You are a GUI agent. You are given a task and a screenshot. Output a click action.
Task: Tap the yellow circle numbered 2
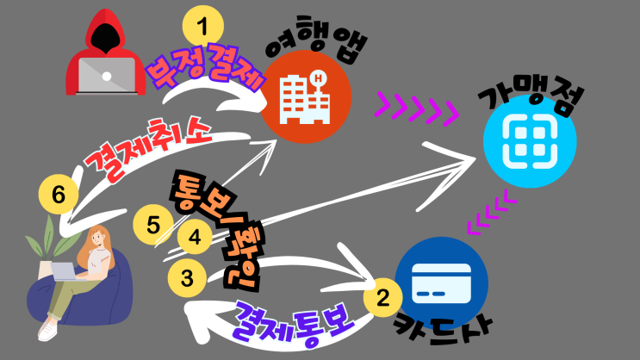tap(381, 299)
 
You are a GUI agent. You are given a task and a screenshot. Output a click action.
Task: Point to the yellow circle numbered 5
tap(153, 226)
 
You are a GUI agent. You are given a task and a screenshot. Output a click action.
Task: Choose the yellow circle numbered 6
tap(58, 196)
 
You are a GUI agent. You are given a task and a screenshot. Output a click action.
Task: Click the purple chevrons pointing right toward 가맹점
tap(415, 109)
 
